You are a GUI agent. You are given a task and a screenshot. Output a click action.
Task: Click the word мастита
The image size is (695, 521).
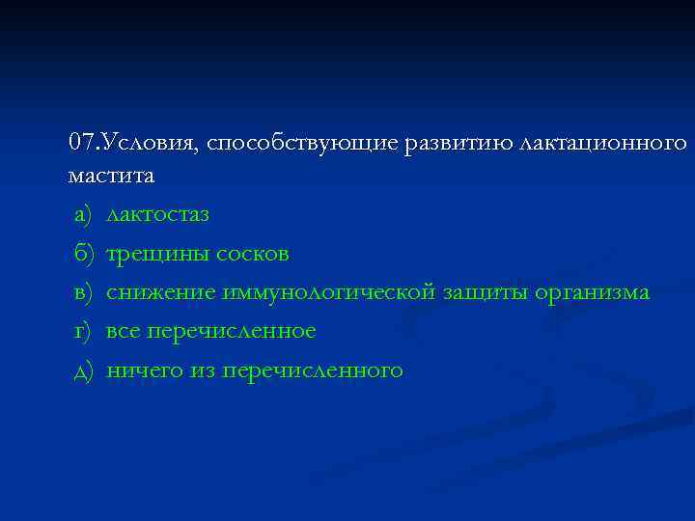point(111,177)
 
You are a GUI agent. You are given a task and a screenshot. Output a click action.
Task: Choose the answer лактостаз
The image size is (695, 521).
point(157,214)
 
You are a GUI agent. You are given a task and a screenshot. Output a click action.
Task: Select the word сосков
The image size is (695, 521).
point(254,254)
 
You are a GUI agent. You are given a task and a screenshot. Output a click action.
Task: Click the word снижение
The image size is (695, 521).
point(160,292)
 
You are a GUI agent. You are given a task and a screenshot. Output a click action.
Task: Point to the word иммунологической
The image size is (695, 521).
point(329,292)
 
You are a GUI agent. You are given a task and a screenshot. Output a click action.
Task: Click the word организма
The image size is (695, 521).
point(594,292)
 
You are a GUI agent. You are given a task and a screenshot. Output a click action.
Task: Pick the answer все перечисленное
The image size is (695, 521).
point(210,331)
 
